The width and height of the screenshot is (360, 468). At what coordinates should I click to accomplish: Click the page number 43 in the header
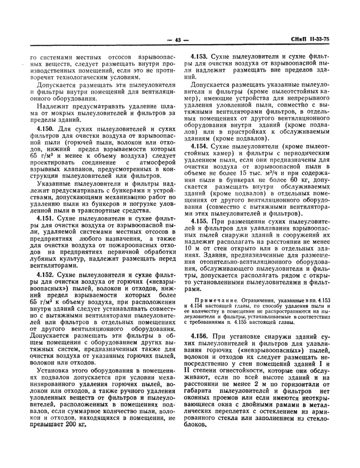[179, 41]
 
